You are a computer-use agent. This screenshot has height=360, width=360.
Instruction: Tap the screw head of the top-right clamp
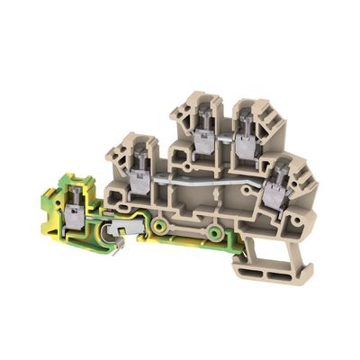[x=243, y=125]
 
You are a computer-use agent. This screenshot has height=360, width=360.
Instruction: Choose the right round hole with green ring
[x=214, y=234]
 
